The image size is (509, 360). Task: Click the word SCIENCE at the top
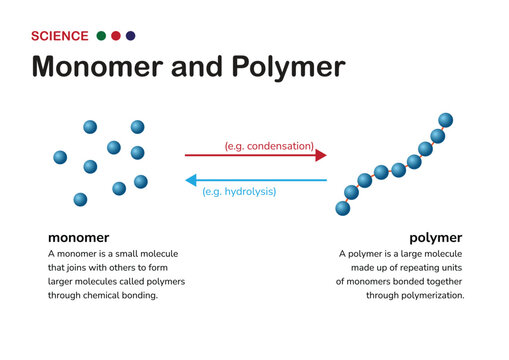tap(59, 36)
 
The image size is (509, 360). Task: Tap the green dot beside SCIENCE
tap(101, 36)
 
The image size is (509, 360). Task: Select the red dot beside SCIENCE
tap(116, 36)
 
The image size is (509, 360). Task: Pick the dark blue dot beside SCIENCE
tap(131, 36)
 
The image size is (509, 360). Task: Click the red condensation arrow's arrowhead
tap(321, 155)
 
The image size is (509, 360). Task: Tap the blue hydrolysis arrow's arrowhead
tap(191, 180)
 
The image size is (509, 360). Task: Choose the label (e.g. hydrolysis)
tap(239, 191)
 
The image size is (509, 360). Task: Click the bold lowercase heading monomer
tap(78, 238)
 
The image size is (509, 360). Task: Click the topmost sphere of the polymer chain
tap(446, 120)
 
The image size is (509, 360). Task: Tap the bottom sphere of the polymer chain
tap(342, 208)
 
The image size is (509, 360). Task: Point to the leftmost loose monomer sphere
tap(60, 157)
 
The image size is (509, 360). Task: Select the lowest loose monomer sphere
tap(80, 199)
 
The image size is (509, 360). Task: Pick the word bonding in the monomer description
tap(135, 296)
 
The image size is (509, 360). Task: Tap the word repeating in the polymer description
tap(418, 268)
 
